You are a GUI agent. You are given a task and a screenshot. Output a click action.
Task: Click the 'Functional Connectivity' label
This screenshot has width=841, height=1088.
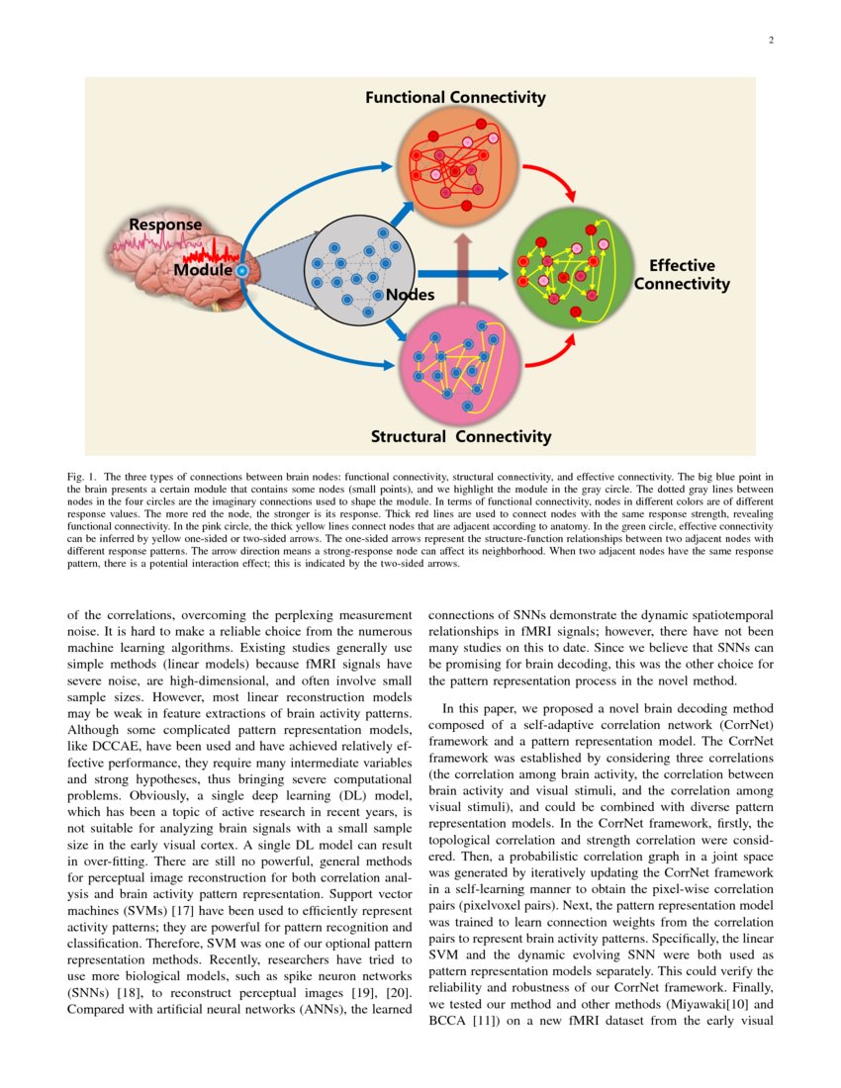[x=455, y=97]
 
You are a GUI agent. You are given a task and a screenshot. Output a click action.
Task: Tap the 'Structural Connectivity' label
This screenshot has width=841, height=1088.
[x=460, y=436]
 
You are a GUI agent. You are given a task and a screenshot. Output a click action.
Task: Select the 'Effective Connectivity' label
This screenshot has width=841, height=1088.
[x=682, y=275]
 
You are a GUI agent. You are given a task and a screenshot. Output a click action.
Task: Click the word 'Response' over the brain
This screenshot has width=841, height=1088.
[x=165, y=226]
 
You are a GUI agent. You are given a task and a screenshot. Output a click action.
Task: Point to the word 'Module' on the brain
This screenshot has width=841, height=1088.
[x=203, y=269]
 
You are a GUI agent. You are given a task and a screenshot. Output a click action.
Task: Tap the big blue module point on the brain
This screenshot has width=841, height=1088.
[x=240, y=269]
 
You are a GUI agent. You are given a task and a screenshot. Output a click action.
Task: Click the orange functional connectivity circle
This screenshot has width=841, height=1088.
[x=456, y=162]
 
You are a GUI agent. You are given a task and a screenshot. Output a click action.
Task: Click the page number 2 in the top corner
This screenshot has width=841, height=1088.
[x=770, y=41]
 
